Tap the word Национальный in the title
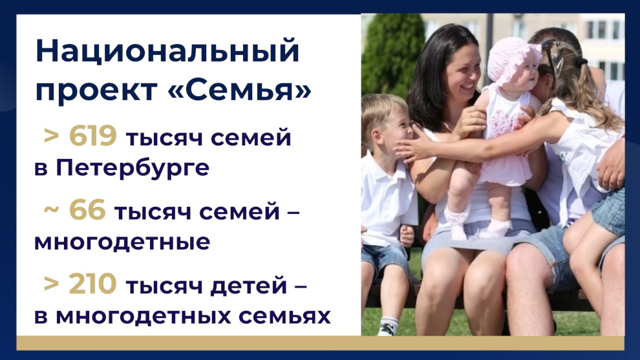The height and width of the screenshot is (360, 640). [167, 51]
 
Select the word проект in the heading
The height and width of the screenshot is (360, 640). [96, 91]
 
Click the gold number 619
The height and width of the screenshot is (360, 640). [93, 136]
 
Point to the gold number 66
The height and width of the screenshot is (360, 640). [87, 210]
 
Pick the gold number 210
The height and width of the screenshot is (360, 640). [93, 284]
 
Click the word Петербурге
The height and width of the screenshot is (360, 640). [133, 168]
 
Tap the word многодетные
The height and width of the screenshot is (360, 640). [122, 242]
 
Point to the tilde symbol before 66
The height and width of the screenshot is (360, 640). [52, 210]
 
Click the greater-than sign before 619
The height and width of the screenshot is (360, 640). [52, 136]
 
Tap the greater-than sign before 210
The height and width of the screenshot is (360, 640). [52, 284]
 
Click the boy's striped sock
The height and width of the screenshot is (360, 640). [388, 326]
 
